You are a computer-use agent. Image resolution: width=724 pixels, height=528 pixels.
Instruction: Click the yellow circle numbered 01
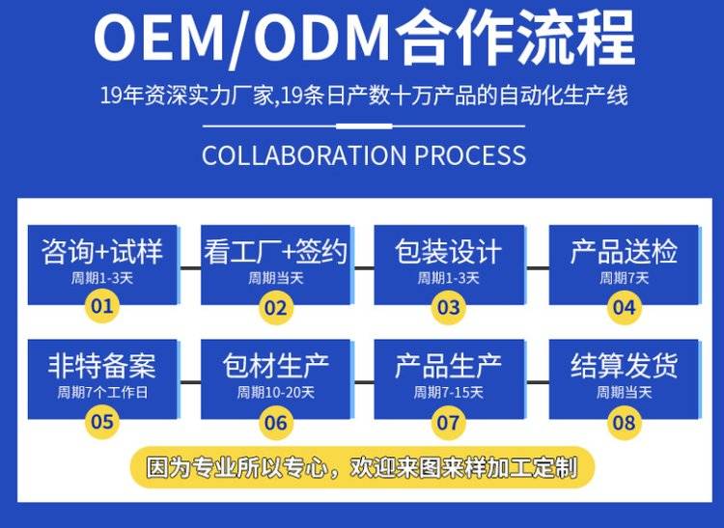[x=101, y=307]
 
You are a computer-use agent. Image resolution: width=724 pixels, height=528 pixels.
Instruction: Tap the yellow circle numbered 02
[x=276, y=308]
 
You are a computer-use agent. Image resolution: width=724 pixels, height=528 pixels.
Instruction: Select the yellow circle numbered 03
[x=448, y=308]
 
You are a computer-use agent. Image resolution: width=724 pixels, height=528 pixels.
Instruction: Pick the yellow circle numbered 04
[x=624, y=308]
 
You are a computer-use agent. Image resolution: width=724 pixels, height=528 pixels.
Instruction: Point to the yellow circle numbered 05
[x=101, y=421]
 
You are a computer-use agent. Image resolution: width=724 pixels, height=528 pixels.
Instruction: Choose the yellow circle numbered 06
[x=276, y=422]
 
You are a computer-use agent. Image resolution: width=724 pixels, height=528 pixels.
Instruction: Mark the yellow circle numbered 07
[x=448, y=422]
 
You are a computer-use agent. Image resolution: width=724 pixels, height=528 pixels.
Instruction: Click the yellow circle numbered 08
[x=624, y=422]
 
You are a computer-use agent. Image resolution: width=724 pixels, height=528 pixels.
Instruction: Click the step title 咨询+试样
[x=102, y=253]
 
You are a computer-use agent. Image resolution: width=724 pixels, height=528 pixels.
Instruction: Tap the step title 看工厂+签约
[x=276, y=253]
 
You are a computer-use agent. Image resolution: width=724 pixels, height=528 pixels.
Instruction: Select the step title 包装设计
[x=448, y=253]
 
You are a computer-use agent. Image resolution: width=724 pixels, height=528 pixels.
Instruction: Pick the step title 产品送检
[x=624, y=253]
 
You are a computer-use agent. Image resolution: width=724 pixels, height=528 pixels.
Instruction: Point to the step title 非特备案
[x=101, y=366]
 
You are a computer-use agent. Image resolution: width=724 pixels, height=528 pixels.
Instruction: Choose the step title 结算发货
[x=624, y=366]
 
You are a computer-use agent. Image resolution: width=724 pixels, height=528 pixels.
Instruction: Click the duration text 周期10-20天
[x=276, y=393]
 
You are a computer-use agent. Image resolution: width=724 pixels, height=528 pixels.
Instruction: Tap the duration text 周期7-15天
[x=448, y=393]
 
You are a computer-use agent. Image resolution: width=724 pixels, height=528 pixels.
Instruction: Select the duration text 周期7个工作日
[x=101, y=393]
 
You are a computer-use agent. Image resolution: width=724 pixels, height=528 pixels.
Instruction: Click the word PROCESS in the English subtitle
[x=466, y=155]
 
